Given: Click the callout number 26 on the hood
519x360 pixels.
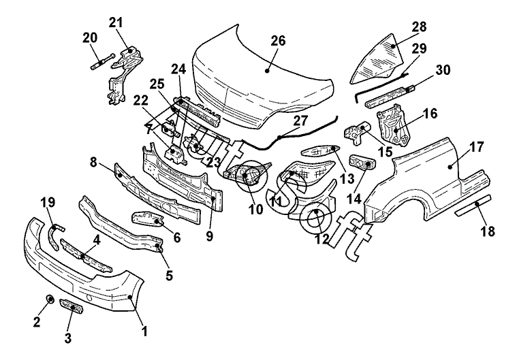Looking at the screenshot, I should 277,41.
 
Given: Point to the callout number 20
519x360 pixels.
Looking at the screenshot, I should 90,37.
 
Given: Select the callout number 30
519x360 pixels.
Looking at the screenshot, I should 442,69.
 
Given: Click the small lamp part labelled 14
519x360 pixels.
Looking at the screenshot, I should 360,162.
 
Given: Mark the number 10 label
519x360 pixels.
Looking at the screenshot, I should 255,210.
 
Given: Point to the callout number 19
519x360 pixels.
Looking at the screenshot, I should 47,203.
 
